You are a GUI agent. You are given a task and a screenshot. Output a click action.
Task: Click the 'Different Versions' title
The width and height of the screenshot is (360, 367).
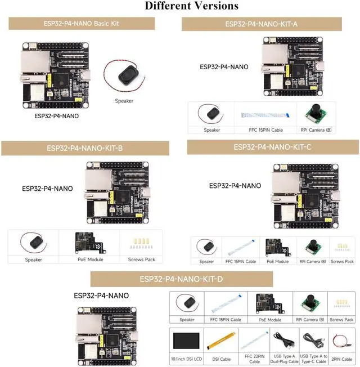191,6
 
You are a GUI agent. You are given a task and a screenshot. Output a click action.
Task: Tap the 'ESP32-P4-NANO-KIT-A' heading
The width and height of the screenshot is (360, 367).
261,24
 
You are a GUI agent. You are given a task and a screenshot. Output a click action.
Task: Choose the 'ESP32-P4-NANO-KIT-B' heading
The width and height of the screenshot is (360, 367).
85,149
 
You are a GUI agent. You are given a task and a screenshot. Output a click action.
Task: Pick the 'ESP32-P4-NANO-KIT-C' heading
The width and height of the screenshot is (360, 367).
272,147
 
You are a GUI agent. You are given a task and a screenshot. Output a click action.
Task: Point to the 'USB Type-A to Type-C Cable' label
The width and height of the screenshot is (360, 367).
314,360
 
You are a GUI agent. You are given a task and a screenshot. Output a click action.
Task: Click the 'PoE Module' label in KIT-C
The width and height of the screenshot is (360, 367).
277,262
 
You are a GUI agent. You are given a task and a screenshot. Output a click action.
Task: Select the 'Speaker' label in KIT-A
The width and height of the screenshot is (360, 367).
211,130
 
